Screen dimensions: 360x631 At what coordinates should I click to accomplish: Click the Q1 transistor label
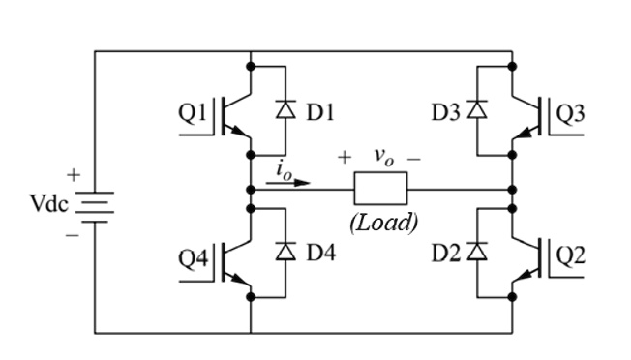[x=192, y=113]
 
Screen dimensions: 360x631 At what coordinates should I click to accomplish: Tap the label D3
[x=445, y=112]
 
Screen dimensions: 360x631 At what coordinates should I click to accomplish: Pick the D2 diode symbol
[x=476, y=252]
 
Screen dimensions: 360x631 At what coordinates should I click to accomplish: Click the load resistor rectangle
[x=383, y=189]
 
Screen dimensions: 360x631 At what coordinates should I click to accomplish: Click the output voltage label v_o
[x=383, y=156]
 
